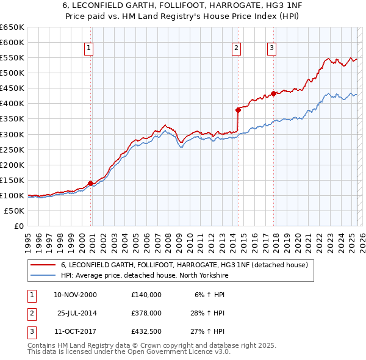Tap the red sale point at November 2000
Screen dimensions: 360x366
click(x=90, y=182)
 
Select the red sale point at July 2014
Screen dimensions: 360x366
click(x=238, y=110)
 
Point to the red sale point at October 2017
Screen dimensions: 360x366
click(x=273, y=93)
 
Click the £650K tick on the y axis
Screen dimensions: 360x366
click(x=12, y=27)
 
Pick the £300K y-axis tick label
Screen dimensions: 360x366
click(x=12, y=134)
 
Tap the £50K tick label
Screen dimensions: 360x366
click(x=15, y=211)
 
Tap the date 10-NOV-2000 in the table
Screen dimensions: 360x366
click(x=75, y=295)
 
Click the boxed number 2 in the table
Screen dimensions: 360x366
click(x=30, y=313)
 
